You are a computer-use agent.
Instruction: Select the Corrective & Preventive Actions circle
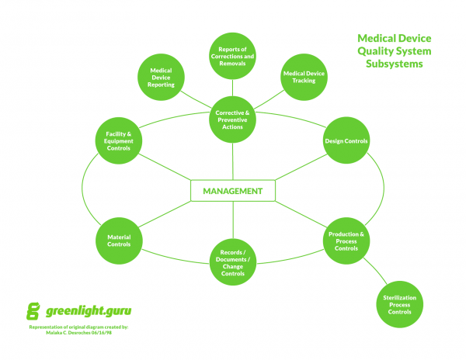(233, 120)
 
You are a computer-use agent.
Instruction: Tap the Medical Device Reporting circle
(161, 77)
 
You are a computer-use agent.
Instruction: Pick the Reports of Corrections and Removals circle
(233, 57)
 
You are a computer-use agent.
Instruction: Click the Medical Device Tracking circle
(303, 77)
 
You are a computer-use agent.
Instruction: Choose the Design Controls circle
(346, 140)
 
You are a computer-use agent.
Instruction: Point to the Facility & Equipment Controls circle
(118, 140)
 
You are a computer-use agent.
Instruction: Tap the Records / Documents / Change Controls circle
(233, 261)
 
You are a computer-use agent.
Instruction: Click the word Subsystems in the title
(395, 64)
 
